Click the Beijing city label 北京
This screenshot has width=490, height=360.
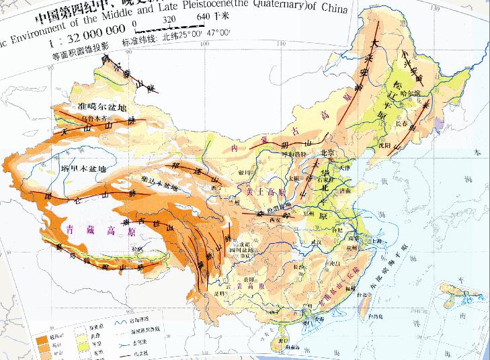[x=328, y=152]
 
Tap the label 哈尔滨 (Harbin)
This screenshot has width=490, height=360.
[x=408, y=92]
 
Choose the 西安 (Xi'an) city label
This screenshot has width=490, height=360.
[x=273, y=219]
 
